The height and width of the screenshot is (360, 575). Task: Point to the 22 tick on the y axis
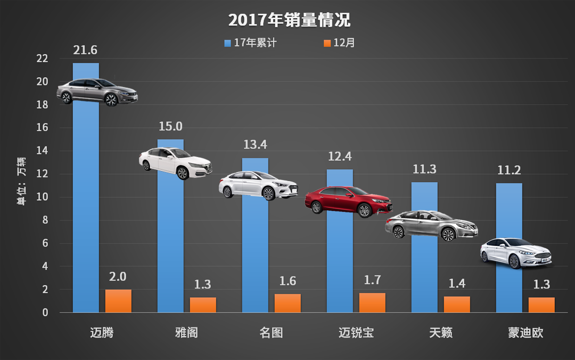[x=42, y=59]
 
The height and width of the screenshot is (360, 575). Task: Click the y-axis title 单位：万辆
[x=21, y=181]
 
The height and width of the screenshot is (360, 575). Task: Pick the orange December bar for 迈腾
[x=118, y=301]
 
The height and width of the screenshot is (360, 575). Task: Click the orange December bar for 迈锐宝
[x=372, y=302]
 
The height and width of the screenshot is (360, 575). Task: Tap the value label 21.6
[x=85, y=50]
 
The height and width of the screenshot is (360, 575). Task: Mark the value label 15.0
[x=170, y=126]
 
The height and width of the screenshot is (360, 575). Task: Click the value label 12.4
[x=340, y=157]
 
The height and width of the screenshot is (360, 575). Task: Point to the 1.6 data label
[x=287, y=281]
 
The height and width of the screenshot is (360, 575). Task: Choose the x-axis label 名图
[x=272, y=333]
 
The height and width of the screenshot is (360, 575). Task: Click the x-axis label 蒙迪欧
[x=525, y=333]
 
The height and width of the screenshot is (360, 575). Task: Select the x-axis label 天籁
[x=441, y=333]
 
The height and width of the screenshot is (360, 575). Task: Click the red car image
[x=349, y=201]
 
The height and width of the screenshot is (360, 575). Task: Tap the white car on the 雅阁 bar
[x=175, y=162]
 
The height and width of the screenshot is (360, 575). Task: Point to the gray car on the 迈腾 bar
[x=97, y=91]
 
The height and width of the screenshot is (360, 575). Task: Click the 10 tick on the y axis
[x=42, y=197]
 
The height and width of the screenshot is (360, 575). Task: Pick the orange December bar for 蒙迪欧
[x=541, y=305]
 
